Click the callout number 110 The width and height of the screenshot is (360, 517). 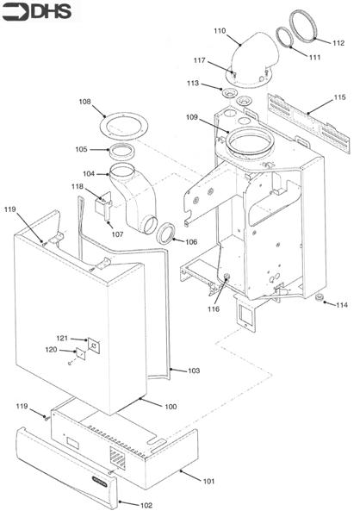pos(220,31)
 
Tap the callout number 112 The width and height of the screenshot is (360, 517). pos(338,43)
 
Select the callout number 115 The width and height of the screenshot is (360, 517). pos(339,97)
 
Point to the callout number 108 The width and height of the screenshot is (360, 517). pos(84,102)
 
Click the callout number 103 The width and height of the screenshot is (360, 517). pos(194,371)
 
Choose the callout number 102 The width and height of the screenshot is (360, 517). pos(146,505)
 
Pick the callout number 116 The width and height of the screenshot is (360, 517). pos(214,309)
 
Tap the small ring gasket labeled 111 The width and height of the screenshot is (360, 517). pos(284,36)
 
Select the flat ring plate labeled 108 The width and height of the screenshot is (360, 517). pos(123,127)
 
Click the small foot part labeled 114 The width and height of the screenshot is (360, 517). pos(319,298)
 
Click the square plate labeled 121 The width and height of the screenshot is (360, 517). pos(94,346)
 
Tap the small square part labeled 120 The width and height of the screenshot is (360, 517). pos(80,353)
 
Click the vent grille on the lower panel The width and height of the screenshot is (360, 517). pos(118,458)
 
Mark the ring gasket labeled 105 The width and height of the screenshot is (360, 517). pos(121,152)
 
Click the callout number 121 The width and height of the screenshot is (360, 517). pos(62,338)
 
